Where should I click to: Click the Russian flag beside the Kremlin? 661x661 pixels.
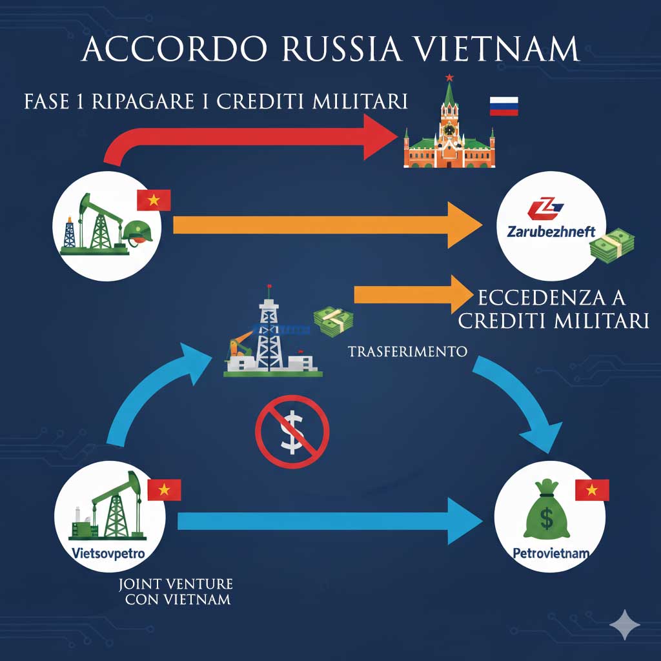point(504,106)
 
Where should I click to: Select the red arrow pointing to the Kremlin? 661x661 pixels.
point(258,137)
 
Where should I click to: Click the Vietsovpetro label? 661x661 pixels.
point(108,553)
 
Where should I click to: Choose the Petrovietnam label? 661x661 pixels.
point(549,553)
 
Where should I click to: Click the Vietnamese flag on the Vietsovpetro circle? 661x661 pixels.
point(164,490)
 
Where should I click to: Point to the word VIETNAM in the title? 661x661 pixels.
point(501,50)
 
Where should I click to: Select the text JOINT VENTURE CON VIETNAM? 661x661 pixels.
point(176,591)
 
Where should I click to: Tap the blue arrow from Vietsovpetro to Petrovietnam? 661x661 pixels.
point(329,520)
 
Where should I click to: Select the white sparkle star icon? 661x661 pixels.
point(625,624)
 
